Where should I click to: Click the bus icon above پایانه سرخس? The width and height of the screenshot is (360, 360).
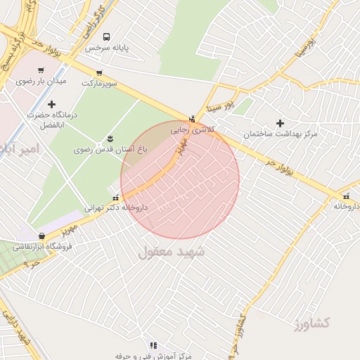[x=106, y=37]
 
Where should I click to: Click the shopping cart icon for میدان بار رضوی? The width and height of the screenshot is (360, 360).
[x=41, y=70]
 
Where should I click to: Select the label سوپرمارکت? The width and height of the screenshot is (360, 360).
[x=99, y=83]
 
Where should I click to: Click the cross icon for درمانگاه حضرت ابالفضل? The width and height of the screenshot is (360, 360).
[x=51, y=104]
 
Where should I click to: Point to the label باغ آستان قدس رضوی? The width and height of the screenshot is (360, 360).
[x=110, y=150]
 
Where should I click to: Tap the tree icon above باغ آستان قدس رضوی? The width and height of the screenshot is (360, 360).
[x=110, y=139]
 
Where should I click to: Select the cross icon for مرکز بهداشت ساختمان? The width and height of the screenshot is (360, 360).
[x=280, y=123]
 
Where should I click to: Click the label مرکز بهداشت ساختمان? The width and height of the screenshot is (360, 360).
[x=281, y=134]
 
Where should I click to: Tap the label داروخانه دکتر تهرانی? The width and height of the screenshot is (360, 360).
[x=116, y=207]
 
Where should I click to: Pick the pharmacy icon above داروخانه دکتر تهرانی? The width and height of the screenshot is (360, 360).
[x=115, y=198]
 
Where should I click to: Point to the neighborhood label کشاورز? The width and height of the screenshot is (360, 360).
[x=312, y=323]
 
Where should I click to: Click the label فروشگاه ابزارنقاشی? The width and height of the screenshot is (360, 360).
[x=45, y=247]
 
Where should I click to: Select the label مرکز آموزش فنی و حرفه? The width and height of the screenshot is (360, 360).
[x=153, y=356]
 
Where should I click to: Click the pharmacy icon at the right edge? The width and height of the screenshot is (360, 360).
[x=346, y=196]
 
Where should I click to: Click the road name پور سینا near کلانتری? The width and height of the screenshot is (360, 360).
[x=217, y=108]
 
